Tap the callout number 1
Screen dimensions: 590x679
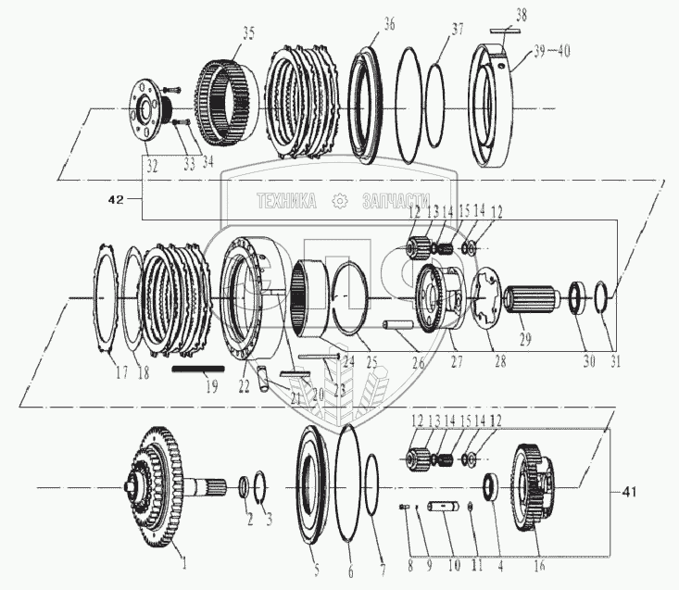tap(182, 561)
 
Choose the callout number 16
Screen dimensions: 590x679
tap(541, 565)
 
